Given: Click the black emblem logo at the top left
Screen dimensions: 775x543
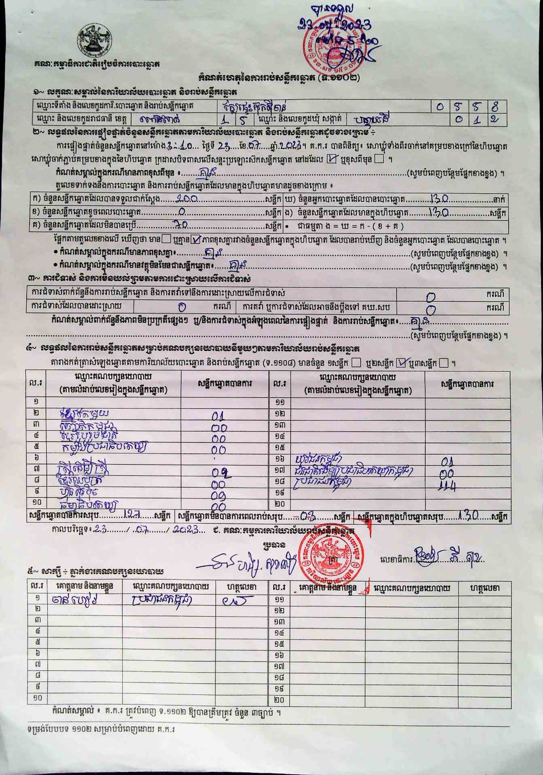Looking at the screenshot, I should coord(95,42).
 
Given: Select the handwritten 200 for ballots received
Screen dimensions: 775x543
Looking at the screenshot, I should coord(187,199).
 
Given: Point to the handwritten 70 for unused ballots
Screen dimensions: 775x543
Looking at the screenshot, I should coord(180,225).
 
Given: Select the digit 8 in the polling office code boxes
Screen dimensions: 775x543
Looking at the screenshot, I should coord(495,107).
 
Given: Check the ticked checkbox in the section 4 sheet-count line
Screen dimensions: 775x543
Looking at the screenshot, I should coord(401,363).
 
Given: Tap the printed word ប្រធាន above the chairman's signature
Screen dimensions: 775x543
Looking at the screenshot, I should coord(274,545).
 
